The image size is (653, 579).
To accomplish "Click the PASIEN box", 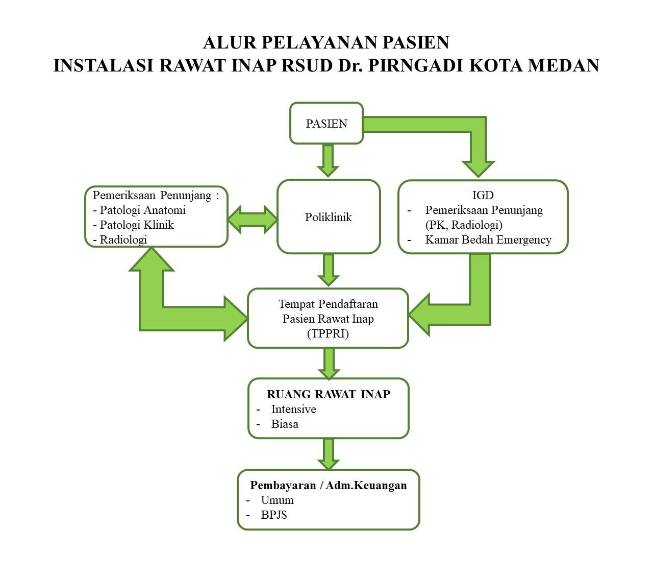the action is (326, 123).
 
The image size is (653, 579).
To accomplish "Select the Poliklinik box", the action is (329, 217).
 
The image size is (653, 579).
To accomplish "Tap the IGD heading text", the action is (483, 195).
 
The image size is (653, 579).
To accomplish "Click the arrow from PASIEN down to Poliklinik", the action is (328, 160).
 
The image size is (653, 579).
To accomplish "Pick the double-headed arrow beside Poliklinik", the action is (253, 220).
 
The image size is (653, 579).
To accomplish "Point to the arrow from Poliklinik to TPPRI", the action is (328, 270).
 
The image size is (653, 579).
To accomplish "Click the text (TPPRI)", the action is (328, 333).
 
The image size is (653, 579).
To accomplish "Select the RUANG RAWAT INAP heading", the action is (328, 394).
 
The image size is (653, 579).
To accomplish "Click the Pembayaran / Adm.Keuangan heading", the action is (328, 485).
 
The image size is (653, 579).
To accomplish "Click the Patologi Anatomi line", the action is (139, 210).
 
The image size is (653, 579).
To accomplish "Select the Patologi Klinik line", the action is (134, 225).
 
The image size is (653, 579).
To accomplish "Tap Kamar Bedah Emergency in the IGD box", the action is (488, 239).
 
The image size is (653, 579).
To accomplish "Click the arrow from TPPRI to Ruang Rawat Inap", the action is (329, 364).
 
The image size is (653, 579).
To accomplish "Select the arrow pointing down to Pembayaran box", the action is (328, 454).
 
